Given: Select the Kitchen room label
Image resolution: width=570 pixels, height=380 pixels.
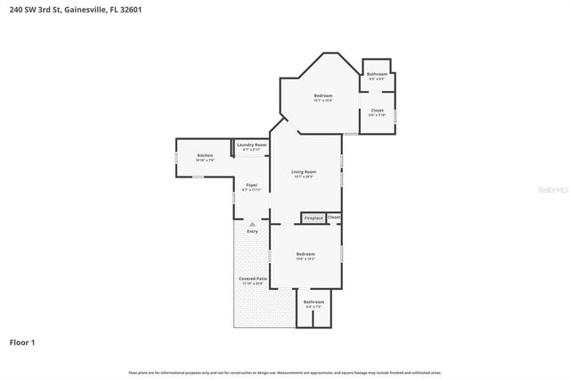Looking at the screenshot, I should coord(205,156).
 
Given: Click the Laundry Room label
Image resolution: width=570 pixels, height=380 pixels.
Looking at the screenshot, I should coord(252,145).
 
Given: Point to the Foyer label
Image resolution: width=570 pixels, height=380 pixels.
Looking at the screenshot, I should coord(252,185).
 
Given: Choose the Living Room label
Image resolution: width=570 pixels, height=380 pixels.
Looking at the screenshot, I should coord(305,171).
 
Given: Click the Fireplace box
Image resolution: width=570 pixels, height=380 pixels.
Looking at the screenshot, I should coord(313,218).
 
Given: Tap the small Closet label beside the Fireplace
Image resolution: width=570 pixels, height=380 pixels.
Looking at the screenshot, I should coord(334,217).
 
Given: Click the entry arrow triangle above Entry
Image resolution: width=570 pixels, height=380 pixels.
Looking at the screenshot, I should coord(252,224).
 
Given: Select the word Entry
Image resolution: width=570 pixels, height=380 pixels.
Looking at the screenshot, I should coord(252,232).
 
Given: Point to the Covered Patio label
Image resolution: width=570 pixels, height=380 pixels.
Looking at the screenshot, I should coord(252,279).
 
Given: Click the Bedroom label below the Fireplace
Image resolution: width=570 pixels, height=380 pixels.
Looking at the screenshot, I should coord(305,254).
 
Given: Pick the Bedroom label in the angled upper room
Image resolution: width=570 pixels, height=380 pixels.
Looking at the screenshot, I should coord(322,95).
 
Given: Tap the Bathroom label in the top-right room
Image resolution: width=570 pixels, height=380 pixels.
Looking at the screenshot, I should coord(377,74).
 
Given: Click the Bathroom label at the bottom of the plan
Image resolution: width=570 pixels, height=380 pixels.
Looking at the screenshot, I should coord(313,302).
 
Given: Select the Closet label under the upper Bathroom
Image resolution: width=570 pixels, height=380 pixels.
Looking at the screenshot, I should coord(378,111).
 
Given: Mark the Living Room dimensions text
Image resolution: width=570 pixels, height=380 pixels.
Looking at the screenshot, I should coord(305,177).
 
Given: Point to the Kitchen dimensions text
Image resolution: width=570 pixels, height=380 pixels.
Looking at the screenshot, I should coord(205,161).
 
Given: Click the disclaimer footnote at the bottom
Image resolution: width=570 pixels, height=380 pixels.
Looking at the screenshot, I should coord(285,372).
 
